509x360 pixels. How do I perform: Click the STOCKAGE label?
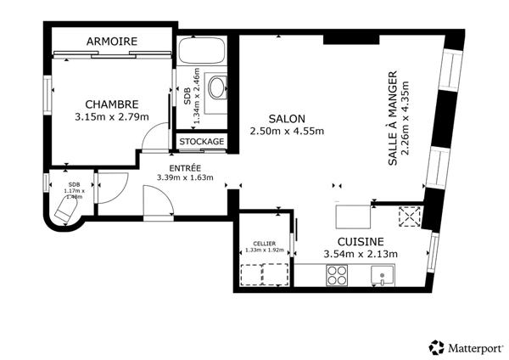pyautogui.click(x=202, y=141)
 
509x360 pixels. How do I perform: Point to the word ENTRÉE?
pyautogui.click(x=185, y=167)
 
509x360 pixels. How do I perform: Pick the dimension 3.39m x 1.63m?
pyautogui.click(x=185, y=177)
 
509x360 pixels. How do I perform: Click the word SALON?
pyautogui.click(x=287, y=118)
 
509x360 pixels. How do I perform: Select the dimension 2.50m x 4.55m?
pyautogui.click(x=287, y=131)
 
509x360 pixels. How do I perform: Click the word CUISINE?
pyautogui.click(x=361, y=241)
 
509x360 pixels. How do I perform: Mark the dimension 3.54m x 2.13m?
pyautogui.click(x=361, y=254)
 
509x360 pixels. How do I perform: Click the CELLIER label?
pyautogui.click(x=263, y=243)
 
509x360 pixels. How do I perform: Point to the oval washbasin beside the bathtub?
pyautogui.click(x=216, y=87)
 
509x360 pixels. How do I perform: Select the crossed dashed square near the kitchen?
pyautogui.click(x=411, y=217)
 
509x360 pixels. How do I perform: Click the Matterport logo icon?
pyautogui.click(x=437, y=346)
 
